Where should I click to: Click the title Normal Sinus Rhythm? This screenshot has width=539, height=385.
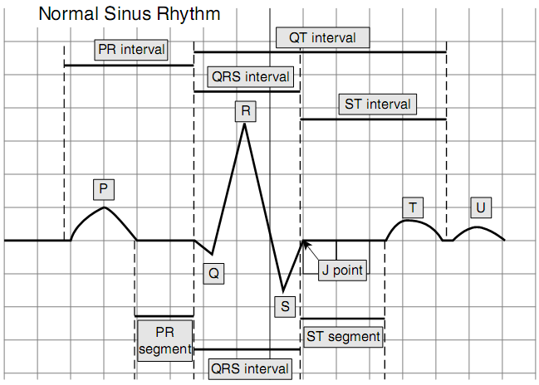(x=130, y=14)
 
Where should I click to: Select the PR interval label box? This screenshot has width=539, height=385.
(x=131, y=50)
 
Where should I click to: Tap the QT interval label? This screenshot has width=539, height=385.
(x=322, y=37)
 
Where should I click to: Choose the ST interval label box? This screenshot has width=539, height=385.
(x=377, y=105)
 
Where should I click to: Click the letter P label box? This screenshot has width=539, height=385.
(x=103, y=189)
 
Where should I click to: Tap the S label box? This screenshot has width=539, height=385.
(x=285, y=306)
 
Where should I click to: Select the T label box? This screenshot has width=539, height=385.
(x=412, y=207)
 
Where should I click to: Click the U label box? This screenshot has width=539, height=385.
(x=479, y=207)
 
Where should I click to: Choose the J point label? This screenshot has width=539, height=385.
(x=343, y=270)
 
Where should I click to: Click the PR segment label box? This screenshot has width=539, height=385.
(x=164, y=340)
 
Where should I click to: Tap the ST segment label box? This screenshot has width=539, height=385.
(x=343, y=336)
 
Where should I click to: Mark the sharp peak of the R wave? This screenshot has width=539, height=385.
(x=244, y=124)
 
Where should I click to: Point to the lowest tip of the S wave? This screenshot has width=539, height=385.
(x=282, y=291)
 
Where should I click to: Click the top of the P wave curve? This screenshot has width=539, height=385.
(x=103, y=207)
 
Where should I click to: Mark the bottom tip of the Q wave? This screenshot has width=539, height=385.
(x=213, y=255)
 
